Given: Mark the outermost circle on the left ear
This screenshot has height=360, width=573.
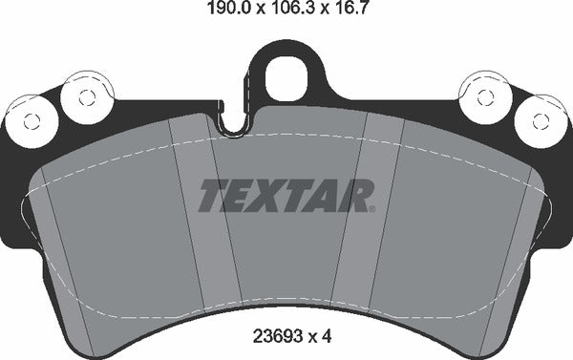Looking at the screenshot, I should [32, 120].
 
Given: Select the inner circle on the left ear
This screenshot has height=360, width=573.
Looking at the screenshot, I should [84, 95].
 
